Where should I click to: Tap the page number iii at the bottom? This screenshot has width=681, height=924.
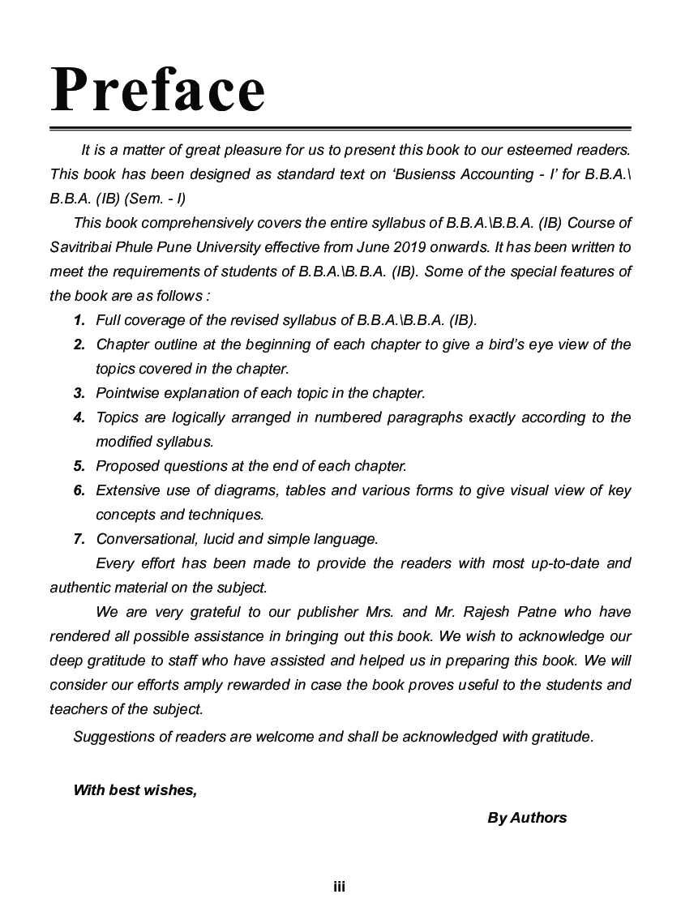point(340,888)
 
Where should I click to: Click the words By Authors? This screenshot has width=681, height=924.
point(527,818)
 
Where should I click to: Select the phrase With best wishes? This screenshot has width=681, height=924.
point(135,790)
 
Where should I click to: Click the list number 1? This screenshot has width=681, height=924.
point(79,320)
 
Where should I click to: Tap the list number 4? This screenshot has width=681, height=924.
point(79,417)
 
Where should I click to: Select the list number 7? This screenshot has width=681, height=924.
point(79,539)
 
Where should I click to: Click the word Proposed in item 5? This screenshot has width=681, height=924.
point(126,466)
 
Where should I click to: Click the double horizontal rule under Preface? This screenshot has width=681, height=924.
point(340,129)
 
